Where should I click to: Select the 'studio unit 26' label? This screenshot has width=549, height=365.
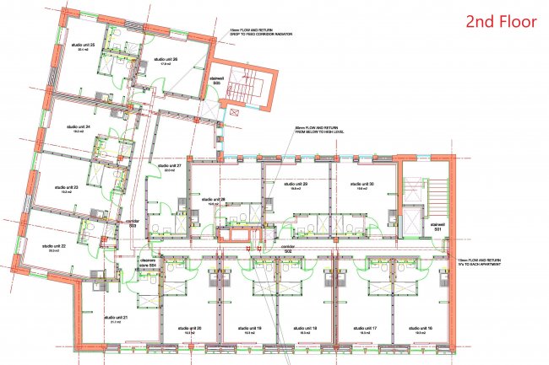tap(165, 59)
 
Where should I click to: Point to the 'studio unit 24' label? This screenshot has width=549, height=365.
tap(78, 127)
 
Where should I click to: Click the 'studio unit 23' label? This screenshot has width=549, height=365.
tap(67, 187)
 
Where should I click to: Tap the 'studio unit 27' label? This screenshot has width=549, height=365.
tap(169, 167)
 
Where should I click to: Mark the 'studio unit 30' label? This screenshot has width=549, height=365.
tap(360, 184)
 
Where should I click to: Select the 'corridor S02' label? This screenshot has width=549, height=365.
tap(288, 249)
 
